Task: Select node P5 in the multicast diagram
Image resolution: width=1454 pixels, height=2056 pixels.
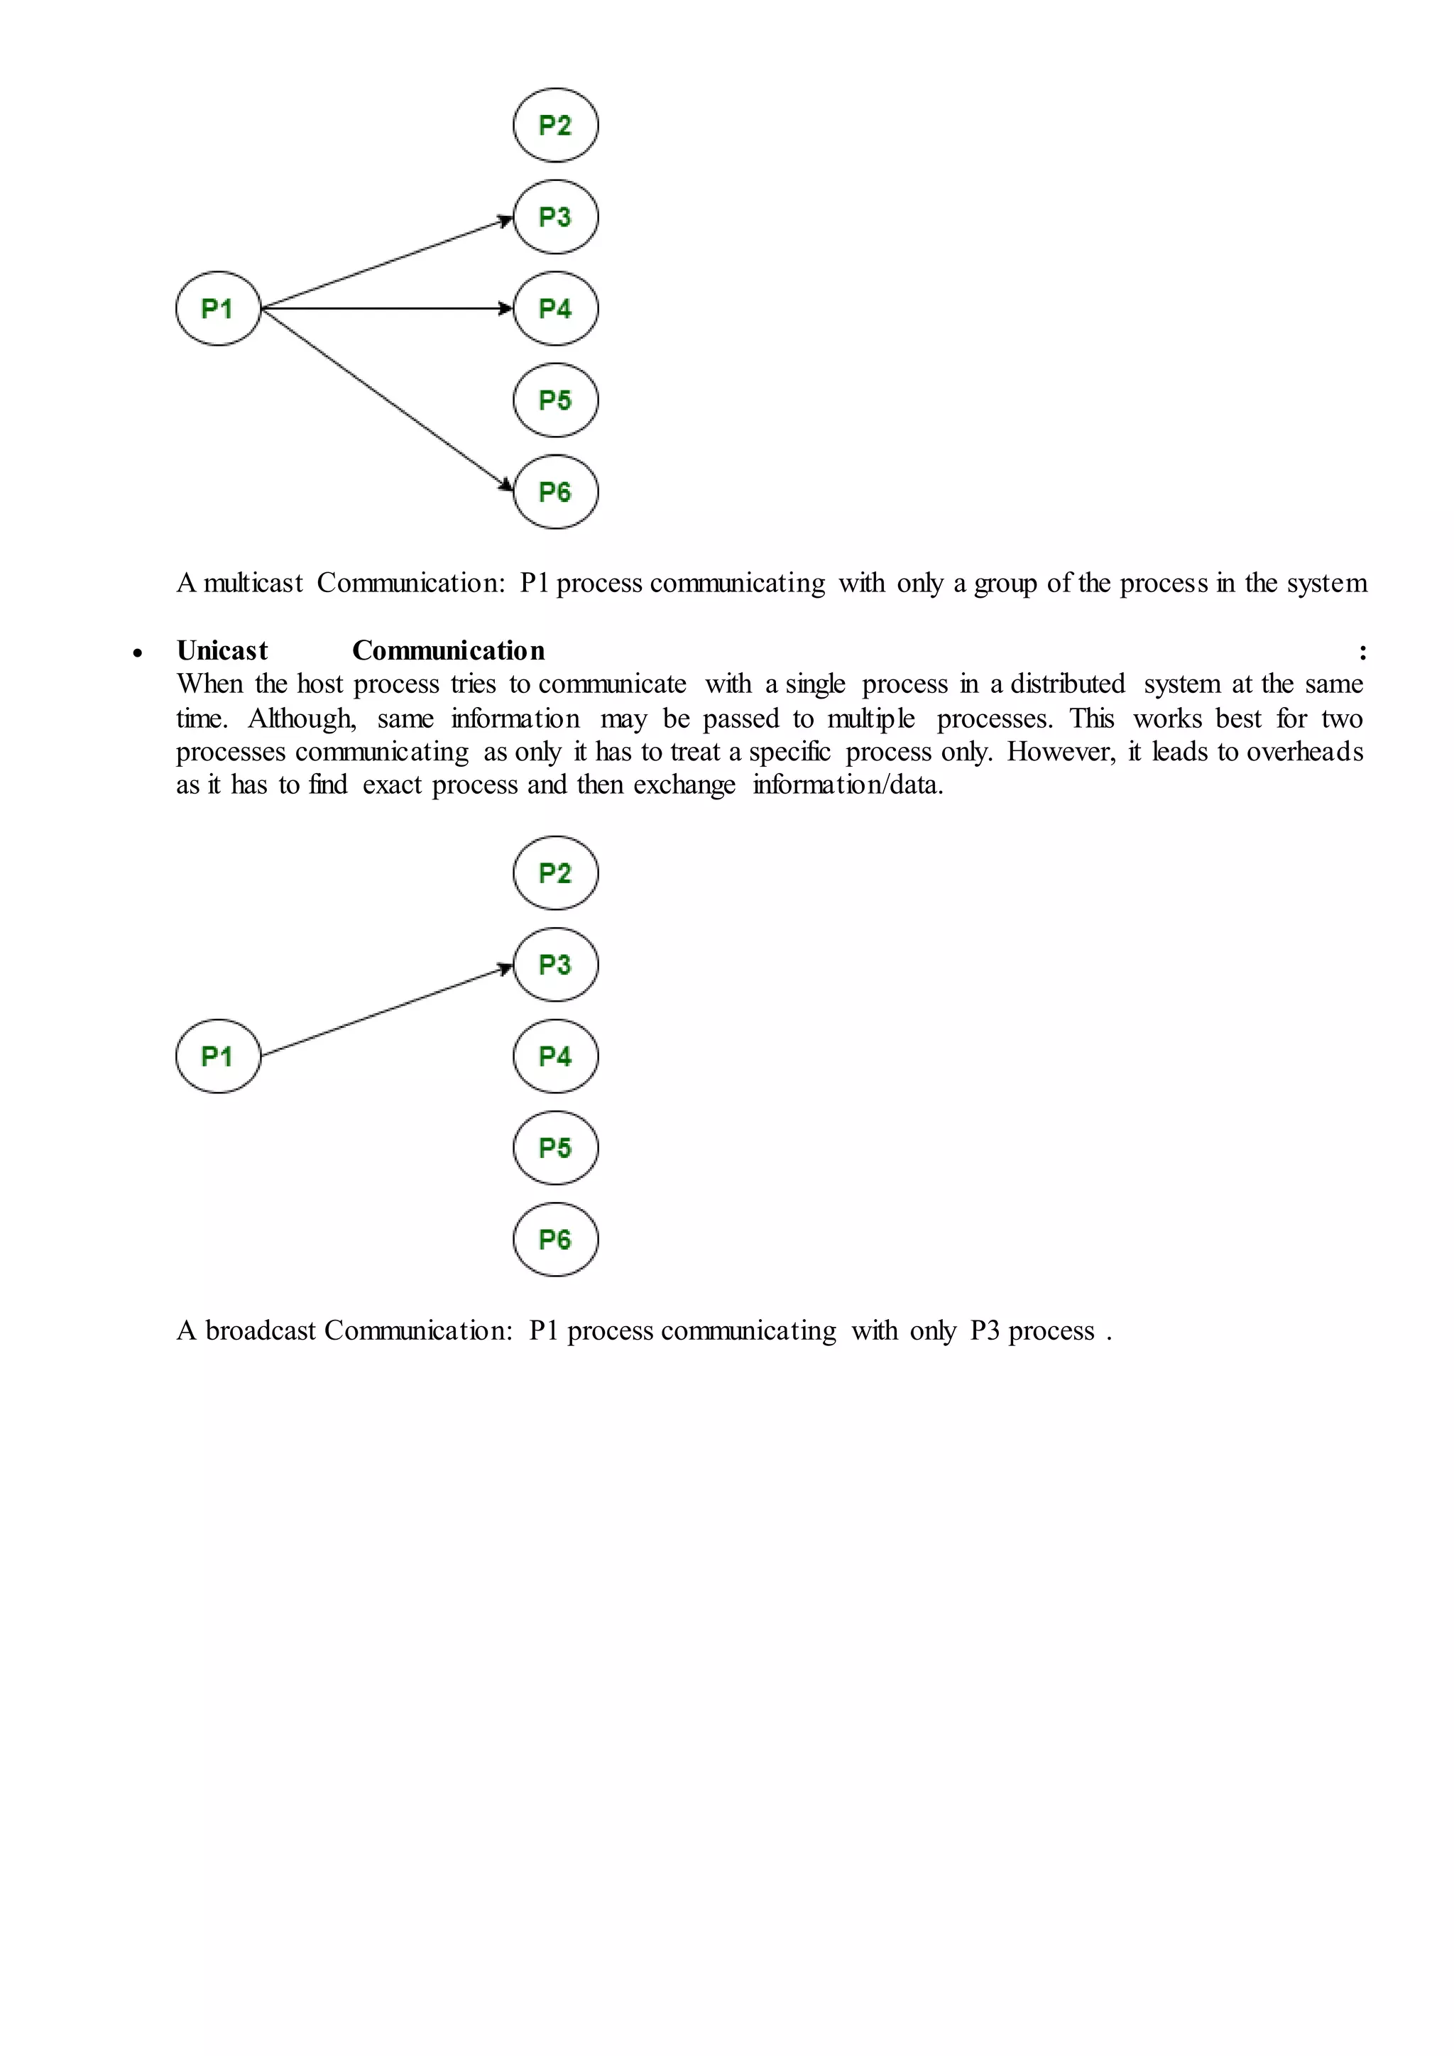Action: tap(555, 400)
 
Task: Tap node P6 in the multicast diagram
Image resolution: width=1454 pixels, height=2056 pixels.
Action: tap(555, 491)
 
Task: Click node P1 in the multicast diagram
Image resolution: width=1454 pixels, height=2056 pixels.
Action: tap(217, 309)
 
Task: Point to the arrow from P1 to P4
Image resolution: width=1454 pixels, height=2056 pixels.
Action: tap(385, 309)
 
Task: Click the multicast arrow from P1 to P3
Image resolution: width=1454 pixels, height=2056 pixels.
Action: tap(385, 263)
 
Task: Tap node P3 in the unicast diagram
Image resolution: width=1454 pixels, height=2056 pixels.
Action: tap(555, 964)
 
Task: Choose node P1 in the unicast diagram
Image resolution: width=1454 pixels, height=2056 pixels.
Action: tap(217, 1056)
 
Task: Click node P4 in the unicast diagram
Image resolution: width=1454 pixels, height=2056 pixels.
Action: tap(555, 1056)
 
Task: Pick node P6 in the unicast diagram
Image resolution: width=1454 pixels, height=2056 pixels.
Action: tap(555, 1240)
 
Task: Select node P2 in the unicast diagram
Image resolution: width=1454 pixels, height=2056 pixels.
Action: tap(555, 873)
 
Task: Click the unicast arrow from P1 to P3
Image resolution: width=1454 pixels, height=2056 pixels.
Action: tap(385, 1011)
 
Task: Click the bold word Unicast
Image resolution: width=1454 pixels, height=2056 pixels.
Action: tap(222, 651)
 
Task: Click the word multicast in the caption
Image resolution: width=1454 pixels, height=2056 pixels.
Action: tap(253, 584)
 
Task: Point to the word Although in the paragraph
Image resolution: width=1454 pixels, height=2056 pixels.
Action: tap(302, 719)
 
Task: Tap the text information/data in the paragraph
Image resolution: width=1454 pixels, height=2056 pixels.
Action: tap(847, 785)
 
